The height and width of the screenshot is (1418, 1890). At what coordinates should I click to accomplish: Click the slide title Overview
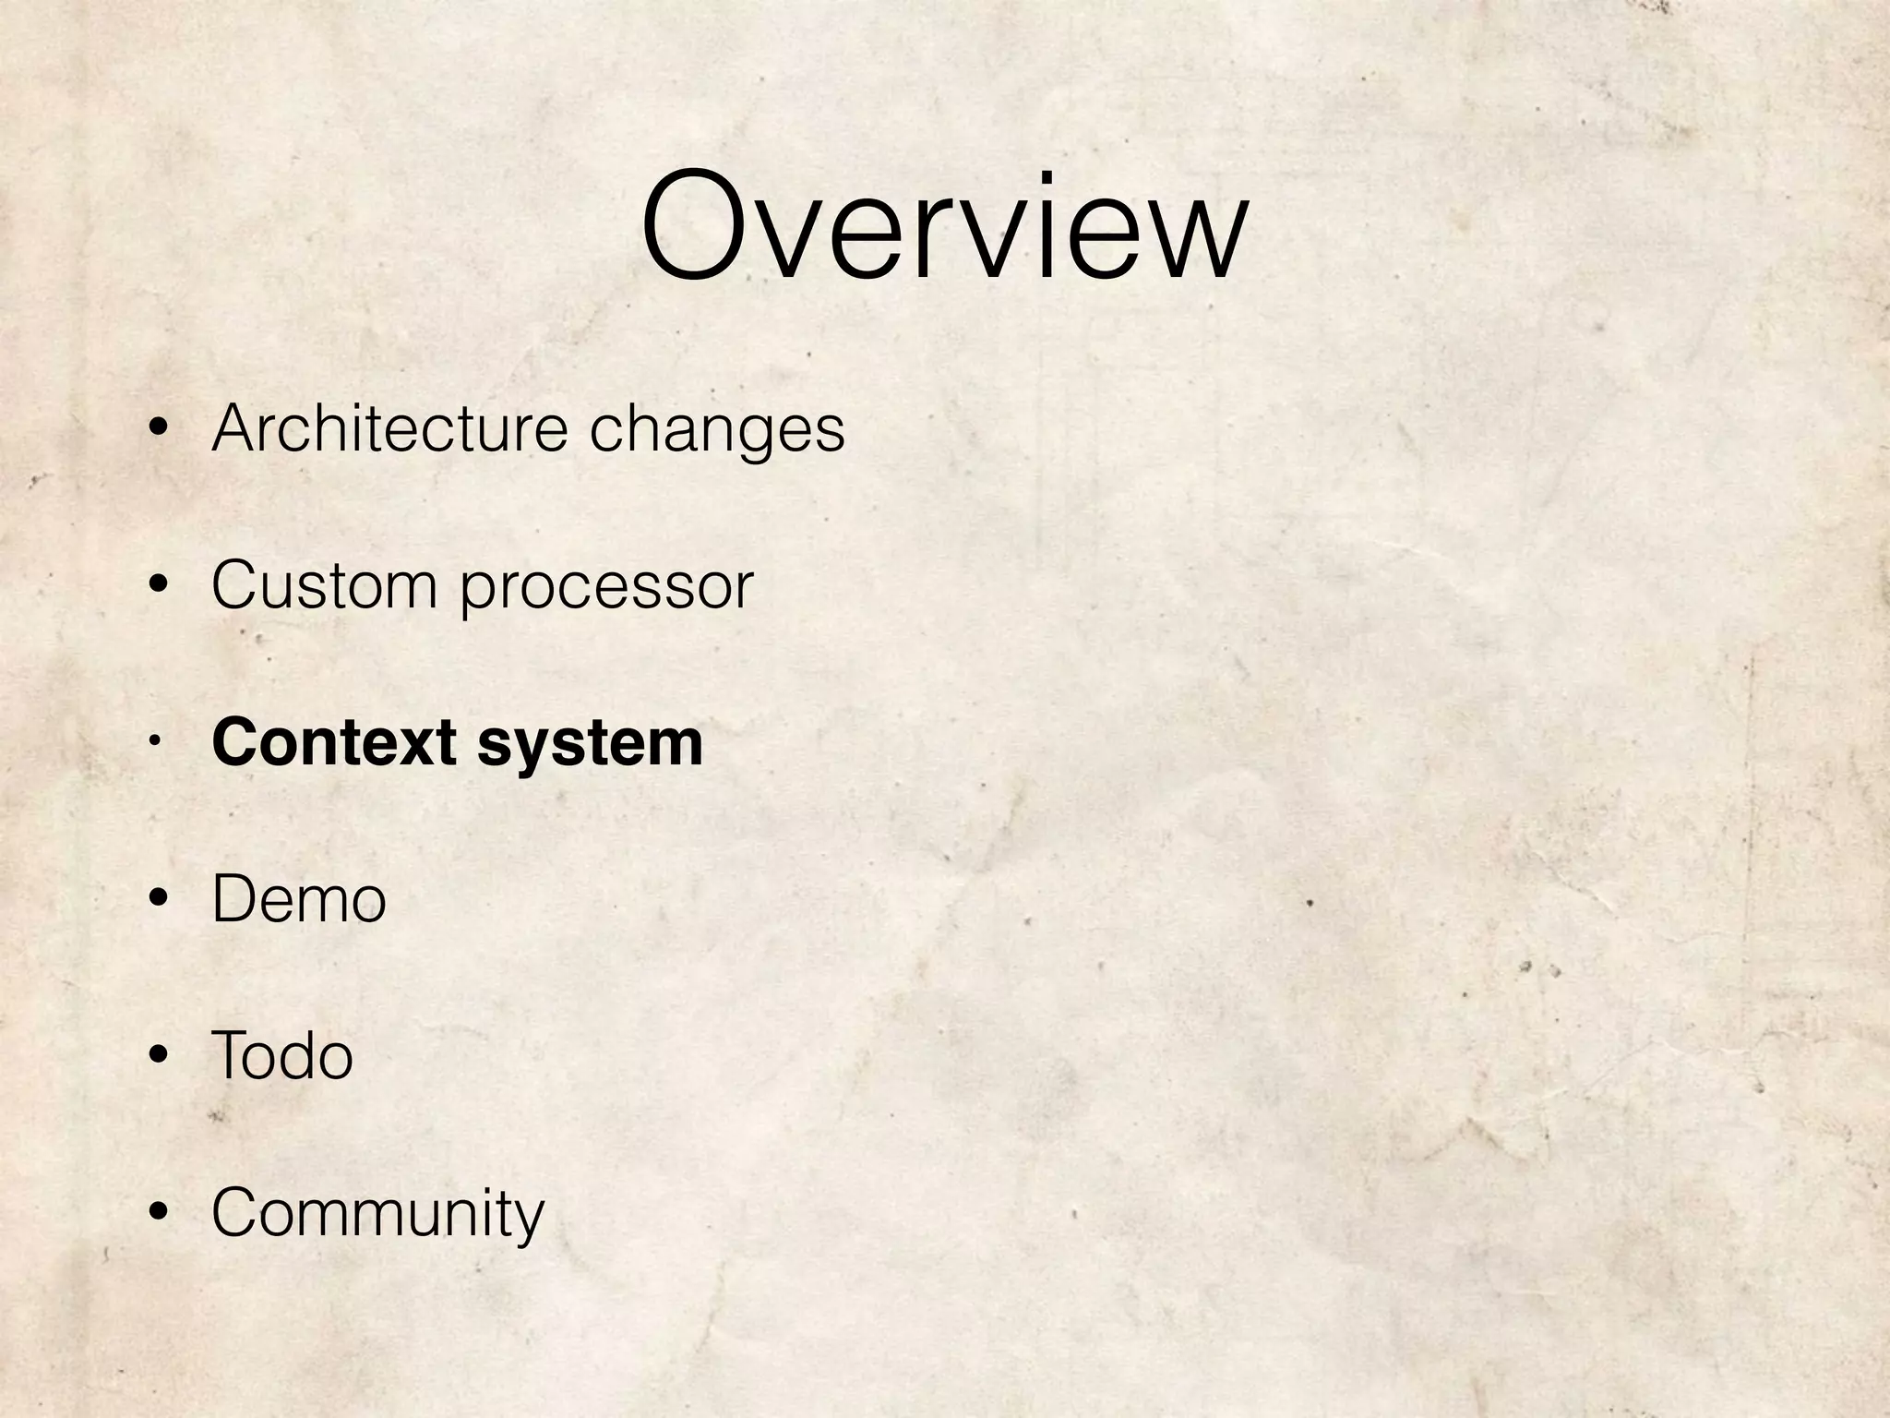pyautogui.click(x=944, y=226)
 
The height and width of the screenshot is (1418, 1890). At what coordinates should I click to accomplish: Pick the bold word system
pyautogui.click(x=590, y=744)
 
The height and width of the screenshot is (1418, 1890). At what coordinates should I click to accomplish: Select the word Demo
pyautogui.click(x=298, y=899)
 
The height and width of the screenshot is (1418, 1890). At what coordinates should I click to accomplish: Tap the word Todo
pyautogui.click(x=281, y=1055)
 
